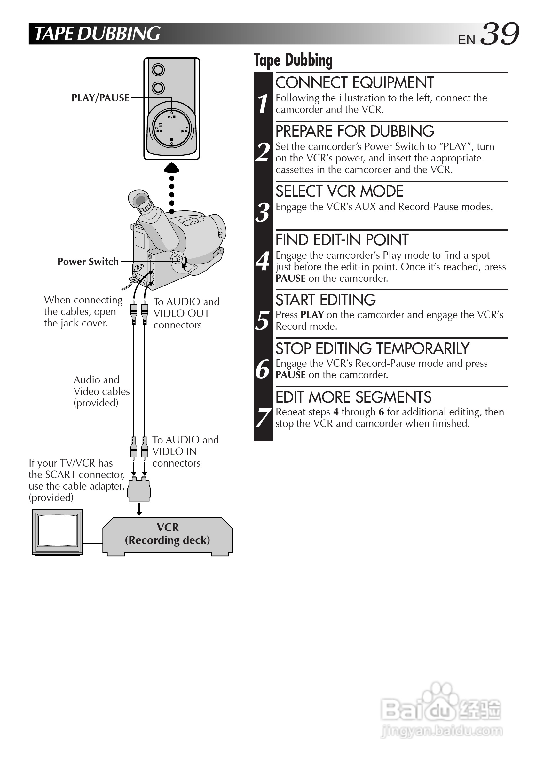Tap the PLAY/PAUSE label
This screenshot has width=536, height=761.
(x=100, y=98)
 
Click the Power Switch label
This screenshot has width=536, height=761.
(x=88, y=262)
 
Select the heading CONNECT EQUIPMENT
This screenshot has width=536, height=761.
(x=354, y=83)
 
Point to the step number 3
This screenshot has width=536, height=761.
(x=263, y=212)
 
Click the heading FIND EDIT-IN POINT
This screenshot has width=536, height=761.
(x=342, y=240)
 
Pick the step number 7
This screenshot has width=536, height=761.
(x=263, y=418)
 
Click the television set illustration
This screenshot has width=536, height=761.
(x=57, y=532)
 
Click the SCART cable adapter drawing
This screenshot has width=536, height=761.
(x=139, y=489)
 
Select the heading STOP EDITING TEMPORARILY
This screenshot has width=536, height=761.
(x=372, y=349)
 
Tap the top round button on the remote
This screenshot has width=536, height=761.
(x=158, y=70)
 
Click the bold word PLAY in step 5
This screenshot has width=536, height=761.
(x=312, y=315)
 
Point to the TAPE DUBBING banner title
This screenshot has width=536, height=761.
(x=97, y=34)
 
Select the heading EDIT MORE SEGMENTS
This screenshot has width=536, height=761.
(x=353, y=397)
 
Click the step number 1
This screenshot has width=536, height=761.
(x=263, y=103)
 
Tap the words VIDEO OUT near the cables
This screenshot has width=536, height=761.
(x=181, y=313)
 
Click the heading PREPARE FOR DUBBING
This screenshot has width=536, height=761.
(x=355, y=131)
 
